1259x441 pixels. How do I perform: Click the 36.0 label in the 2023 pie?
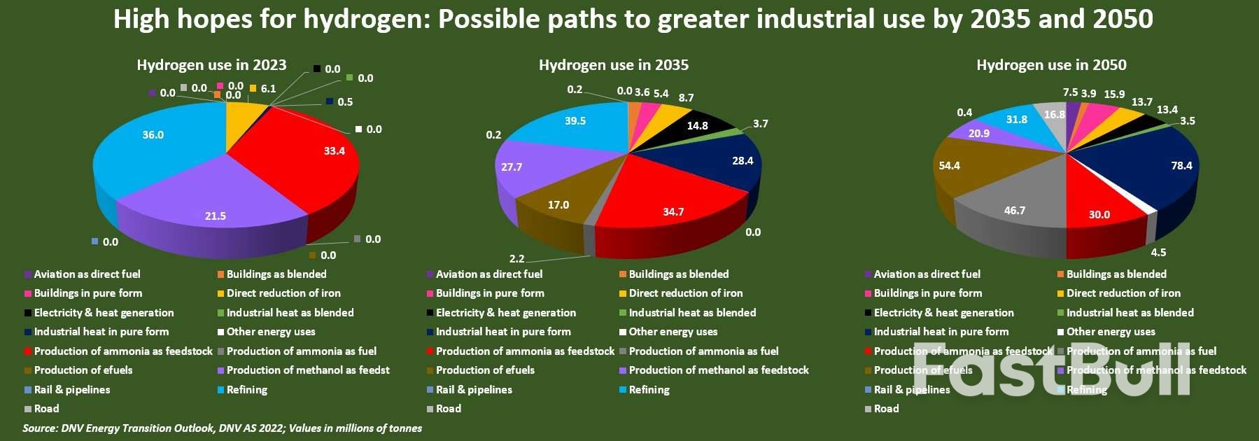[x=153, y=135]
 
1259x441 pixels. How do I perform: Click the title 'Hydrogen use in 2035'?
[x=613, y=65]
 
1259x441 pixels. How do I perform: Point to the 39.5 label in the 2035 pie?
[x=575, y=121]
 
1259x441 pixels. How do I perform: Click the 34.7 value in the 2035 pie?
[x=673, y=211]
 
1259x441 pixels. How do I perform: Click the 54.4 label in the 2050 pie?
[x=950, y=166]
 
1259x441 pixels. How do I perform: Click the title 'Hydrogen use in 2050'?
[x=1051, y=65]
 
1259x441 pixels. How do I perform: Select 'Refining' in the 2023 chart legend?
[x=246, y=390]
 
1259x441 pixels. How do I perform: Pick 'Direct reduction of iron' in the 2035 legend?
[x=685, y=293]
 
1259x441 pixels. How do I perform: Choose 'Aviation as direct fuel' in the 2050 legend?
[x=927, y=274]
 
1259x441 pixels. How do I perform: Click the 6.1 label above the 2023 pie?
[x=268, y=89]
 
